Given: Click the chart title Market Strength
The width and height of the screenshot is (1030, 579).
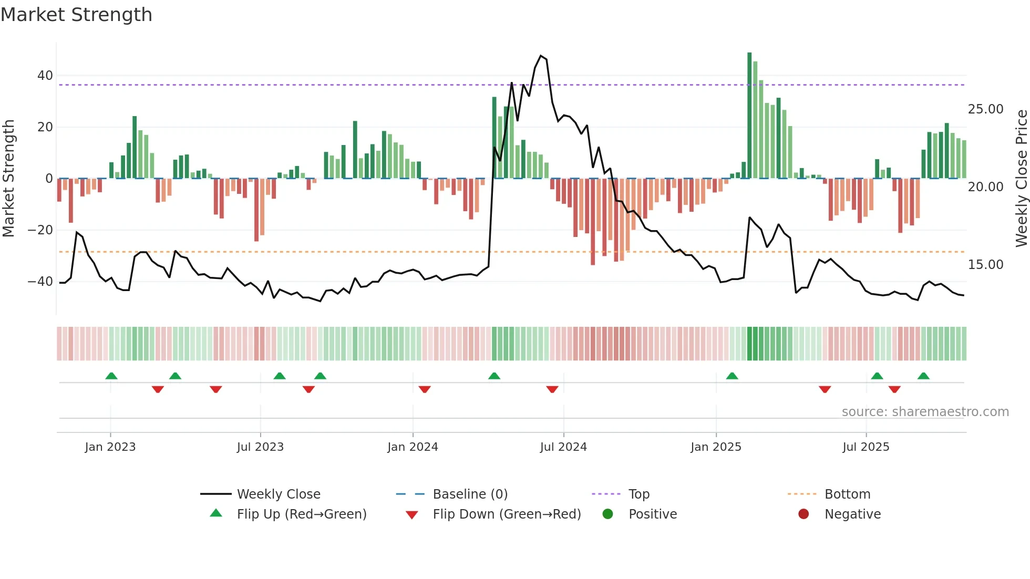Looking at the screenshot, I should (x=76, y=15).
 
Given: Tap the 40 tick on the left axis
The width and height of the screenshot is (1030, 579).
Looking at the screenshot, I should (x=45, y=76).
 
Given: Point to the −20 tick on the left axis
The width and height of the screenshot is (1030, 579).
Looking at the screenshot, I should (x=40, y=230).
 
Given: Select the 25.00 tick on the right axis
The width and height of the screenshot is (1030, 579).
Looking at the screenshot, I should (x=985, y=109).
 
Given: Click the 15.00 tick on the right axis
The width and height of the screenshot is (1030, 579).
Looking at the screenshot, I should (x=985, y=265).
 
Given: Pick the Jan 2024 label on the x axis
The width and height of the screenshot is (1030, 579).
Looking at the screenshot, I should (x=413, y=447).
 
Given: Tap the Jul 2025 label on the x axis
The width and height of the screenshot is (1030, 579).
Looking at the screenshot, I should (x=866, y=447).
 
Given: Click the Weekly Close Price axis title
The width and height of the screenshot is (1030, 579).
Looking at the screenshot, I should (x=1021, y=179).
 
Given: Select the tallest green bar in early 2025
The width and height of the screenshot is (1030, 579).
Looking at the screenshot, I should (x=749, y=116).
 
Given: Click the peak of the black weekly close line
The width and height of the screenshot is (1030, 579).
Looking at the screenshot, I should (x=541, y=56).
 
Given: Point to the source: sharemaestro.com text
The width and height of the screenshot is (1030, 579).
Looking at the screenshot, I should (x=925, y=412).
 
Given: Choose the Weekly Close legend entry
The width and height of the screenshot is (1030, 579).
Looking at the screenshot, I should (x=279, y=494).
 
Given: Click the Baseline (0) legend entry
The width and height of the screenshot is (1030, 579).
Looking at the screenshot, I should (x=470, y=494).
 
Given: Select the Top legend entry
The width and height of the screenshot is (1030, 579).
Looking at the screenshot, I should (x=639, y=494).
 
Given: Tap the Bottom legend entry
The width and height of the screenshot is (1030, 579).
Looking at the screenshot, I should (x=847, y=494).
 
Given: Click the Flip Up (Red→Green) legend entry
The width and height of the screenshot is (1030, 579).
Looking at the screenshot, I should (x=301, y=514).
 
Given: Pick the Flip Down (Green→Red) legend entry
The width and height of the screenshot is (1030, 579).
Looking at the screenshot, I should (x=507, y=514).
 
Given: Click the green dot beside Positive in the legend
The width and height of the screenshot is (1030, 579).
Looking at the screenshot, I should (x=608, y=514).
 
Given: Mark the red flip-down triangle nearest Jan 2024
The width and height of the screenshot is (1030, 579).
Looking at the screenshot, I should (x=425, y=389).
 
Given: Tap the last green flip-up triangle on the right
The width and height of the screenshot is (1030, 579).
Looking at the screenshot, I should (x=923, y=376).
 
